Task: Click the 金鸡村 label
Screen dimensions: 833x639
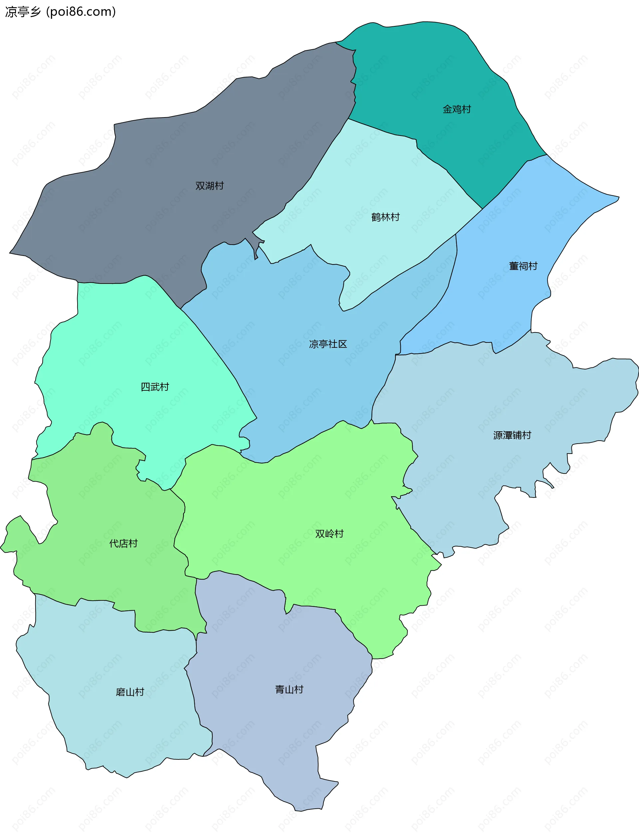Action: pyautogui.click(x=457, y=109)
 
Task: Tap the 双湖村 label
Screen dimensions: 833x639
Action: pyautogui.click(x=210, y=186)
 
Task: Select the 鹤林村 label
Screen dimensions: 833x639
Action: pyautogui.click(x=385, y=217)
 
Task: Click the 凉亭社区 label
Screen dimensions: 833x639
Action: pyautogui.click(x=328, y=344)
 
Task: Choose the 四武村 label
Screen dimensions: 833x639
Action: pyautogui.click(x=155, y=387)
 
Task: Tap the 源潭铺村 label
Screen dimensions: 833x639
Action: pyautogui.click(x=512, y=435)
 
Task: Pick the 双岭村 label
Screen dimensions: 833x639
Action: pyautogui.click(x=329, y=534)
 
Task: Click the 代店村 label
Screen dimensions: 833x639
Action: pyautogui.click(x=123, y=543)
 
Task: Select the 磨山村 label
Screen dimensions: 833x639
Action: pyautogui.click(x=130, y=692)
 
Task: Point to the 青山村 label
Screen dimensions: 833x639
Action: pyautogui.click(x=289, y=690)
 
